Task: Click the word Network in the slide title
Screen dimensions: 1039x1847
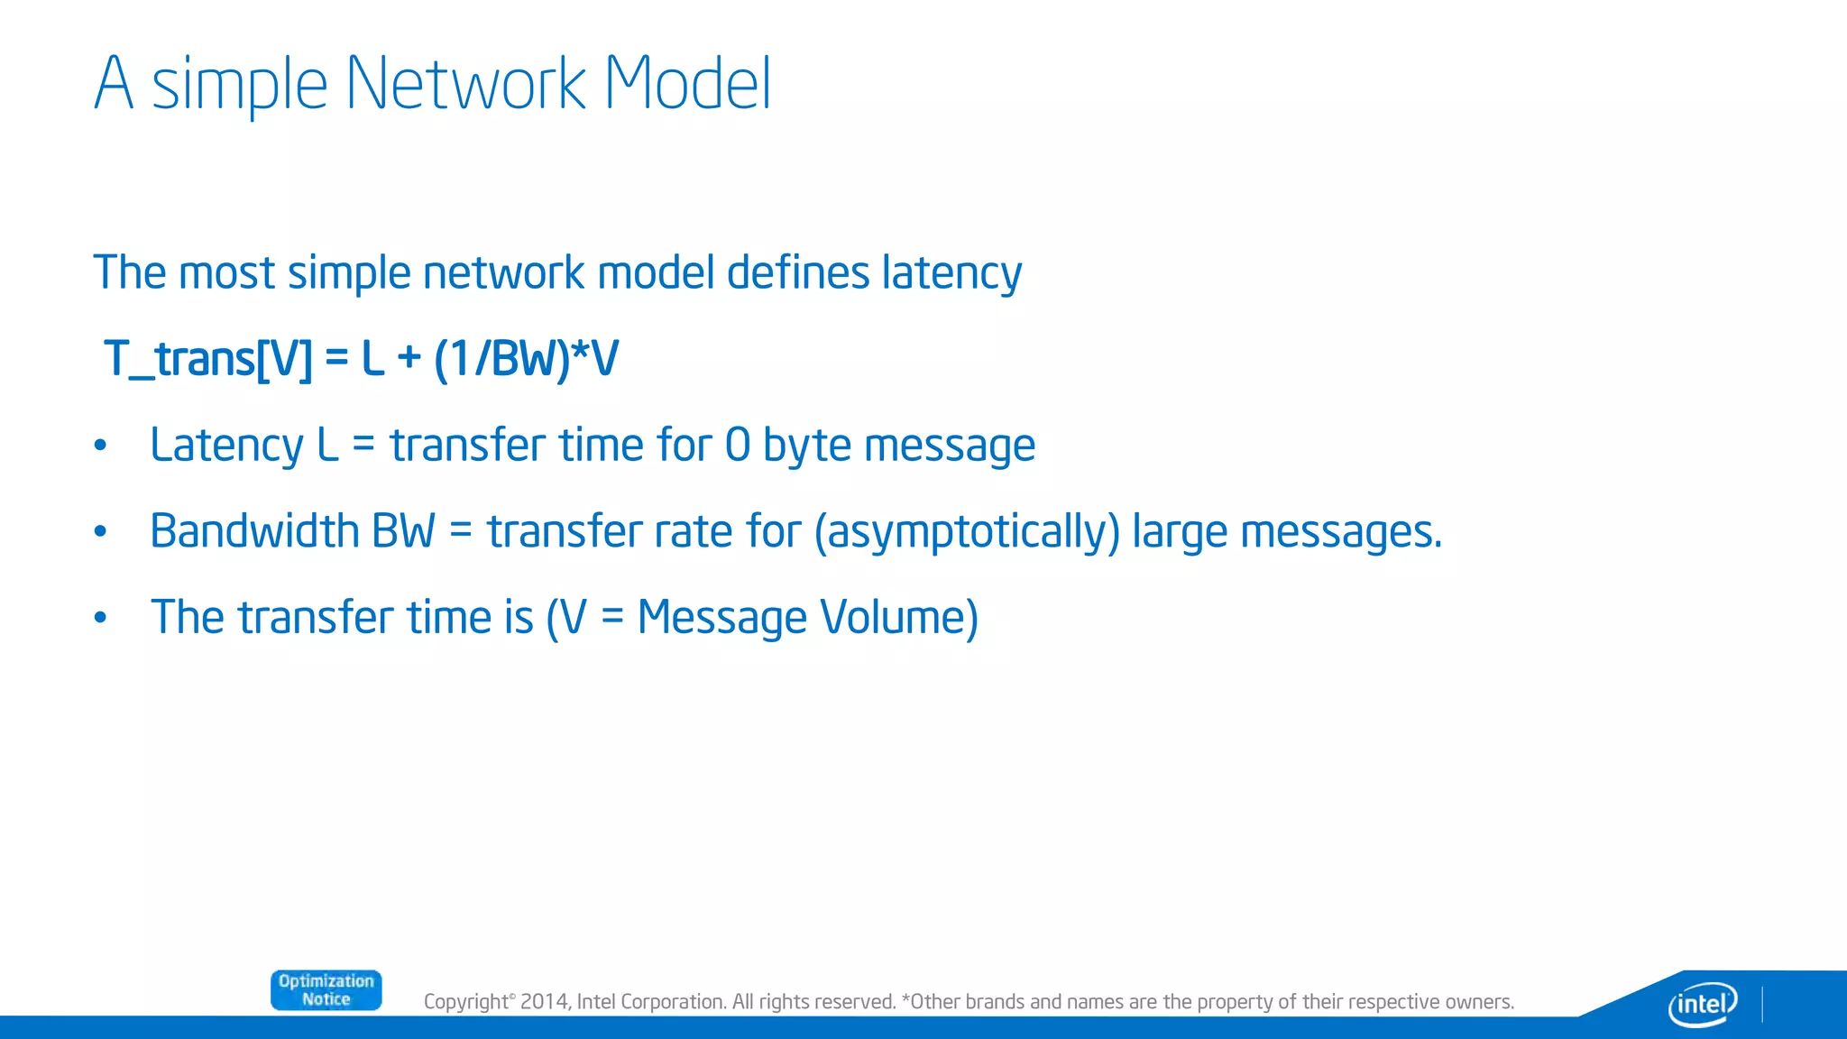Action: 465,84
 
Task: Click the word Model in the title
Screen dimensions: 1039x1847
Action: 687,84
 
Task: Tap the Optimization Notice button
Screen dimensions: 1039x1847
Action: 326,990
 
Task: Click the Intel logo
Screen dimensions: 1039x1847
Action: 1703,1003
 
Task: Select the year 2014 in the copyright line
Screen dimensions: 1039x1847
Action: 544,1002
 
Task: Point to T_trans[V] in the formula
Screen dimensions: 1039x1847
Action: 207,359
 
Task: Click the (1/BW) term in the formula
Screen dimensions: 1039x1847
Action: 501,359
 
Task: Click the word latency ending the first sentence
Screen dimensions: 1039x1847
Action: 951,273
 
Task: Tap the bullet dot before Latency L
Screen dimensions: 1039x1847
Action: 101,446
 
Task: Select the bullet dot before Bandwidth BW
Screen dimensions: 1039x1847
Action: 101,531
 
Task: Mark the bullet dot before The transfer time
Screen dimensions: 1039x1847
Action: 101,618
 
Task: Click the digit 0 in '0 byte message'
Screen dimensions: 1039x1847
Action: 737,446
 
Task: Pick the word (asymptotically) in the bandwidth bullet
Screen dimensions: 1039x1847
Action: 967,532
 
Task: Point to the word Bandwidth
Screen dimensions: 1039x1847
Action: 254,531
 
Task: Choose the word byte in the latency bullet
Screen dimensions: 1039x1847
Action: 806,446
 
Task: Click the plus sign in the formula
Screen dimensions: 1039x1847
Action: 409,359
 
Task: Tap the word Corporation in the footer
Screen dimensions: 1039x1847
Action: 673,1002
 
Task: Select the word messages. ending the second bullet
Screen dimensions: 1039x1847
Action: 1341,532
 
